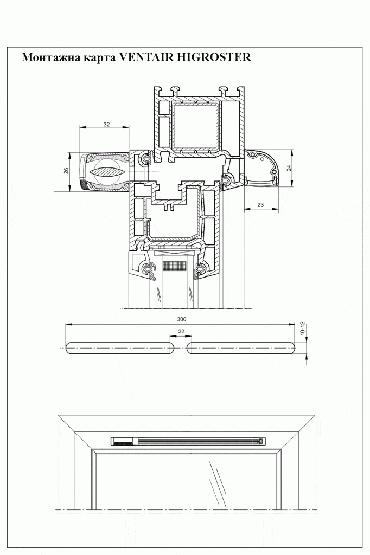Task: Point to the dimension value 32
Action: tap(106, 125)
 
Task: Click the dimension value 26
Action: tap(66, 171)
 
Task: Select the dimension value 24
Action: tap(289, 168)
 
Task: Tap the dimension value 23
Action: tap(260, 204)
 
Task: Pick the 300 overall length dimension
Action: tap(181, 319)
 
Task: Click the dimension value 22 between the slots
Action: tap(181, 332)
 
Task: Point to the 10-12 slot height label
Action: tap(303, 328)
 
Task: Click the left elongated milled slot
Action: tap(119, 348)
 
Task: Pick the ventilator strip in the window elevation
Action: tap(189, 442)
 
